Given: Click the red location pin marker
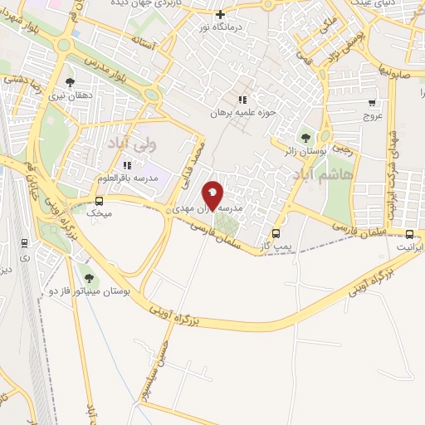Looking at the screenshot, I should tap(213, 196).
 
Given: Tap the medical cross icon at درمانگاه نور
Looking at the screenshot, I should tap(220, 14).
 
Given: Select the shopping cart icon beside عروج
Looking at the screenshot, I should tap(372, 104).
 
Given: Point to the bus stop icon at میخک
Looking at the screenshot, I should tap(100, 201).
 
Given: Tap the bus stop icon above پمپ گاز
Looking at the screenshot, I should tap(276, 233).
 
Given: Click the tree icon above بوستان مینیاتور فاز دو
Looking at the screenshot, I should tap(89, 277).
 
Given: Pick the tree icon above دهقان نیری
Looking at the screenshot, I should tap(69, 82).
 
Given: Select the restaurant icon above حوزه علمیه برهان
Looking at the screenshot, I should tap(242, 100).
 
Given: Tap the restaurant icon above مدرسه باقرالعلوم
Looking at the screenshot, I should tap(127, 164).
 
